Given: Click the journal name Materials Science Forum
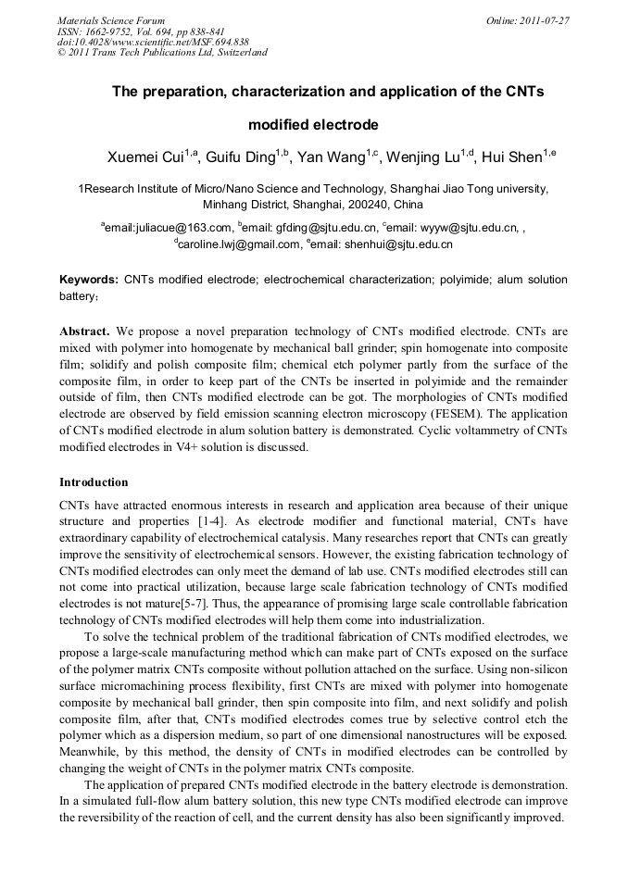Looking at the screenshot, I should coord(111,20).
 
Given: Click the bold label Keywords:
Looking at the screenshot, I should coord(89,280).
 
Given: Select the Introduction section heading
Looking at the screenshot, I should coord(94,482).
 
